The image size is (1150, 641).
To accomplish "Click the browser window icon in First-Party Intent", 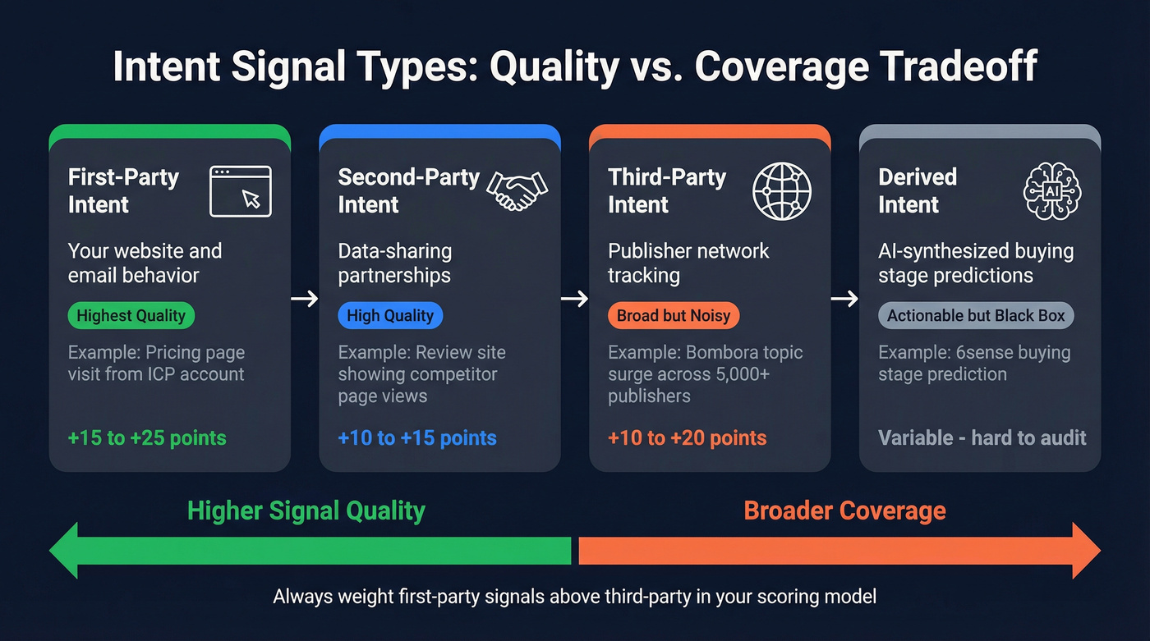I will pyautogui.click(x=240, y=191).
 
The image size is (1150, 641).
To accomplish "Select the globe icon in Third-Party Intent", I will pyautogui.click(x=782, y=191).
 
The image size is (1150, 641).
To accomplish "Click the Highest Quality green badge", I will pyautogui.click(x=131, y=316).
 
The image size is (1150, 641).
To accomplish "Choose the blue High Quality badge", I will pyautogui.click(x=390, y=316).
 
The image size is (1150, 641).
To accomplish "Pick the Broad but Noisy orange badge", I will pyautogui.click(x=674, y=316).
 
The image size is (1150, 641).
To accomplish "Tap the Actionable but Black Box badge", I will pyautogui.click(x=976, y=316).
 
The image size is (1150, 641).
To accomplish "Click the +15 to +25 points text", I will pyautogui.click(x=147, y=438).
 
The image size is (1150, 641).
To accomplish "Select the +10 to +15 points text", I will pyautogui.click(x=417, y=438).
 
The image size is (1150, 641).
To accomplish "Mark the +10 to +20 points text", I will pyautogui.click(x=688, y=438).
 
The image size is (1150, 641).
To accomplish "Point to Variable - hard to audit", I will pyautogui.click(x=982, y=438).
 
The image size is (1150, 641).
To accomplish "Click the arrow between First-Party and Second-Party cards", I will pyautogui.click(x=305, y=299).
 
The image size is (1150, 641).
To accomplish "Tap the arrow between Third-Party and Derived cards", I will pyautogui.click(x=844, y=299).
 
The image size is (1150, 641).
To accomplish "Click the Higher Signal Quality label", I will pyautogui.click(x=306, y=511).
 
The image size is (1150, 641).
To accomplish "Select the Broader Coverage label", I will pyautogui.click(x=844, y=511).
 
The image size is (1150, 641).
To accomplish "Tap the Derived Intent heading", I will pyautogui.click(x=918, y=190).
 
